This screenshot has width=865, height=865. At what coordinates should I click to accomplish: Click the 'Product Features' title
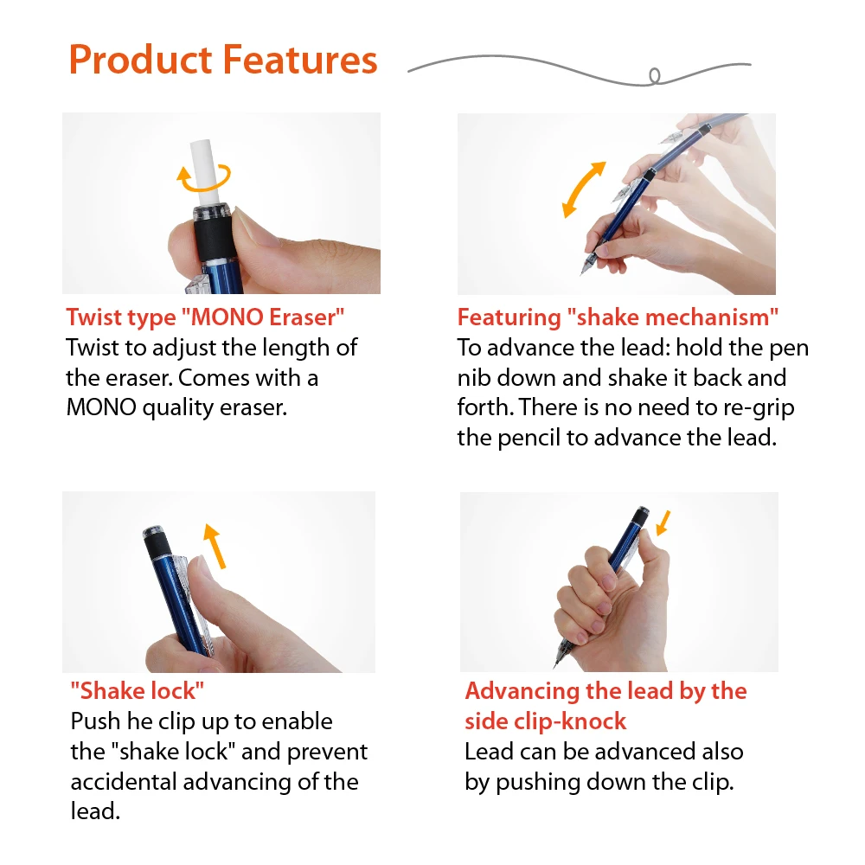click(x=223, y=61)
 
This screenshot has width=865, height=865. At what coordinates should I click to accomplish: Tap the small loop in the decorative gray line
click(x=655, y=76)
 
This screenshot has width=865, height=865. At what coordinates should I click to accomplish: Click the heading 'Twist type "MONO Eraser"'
click(x=200, y=317)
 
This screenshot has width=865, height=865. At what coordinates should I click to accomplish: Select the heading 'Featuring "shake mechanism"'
click(x=618, y=317)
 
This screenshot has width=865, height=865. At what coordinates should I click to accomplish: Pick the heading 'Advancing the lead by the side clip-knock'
click(x=605, y=706)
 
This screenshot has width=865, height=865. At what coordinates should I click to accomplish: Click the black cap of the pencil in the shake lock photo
click(x=155, y=541)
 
